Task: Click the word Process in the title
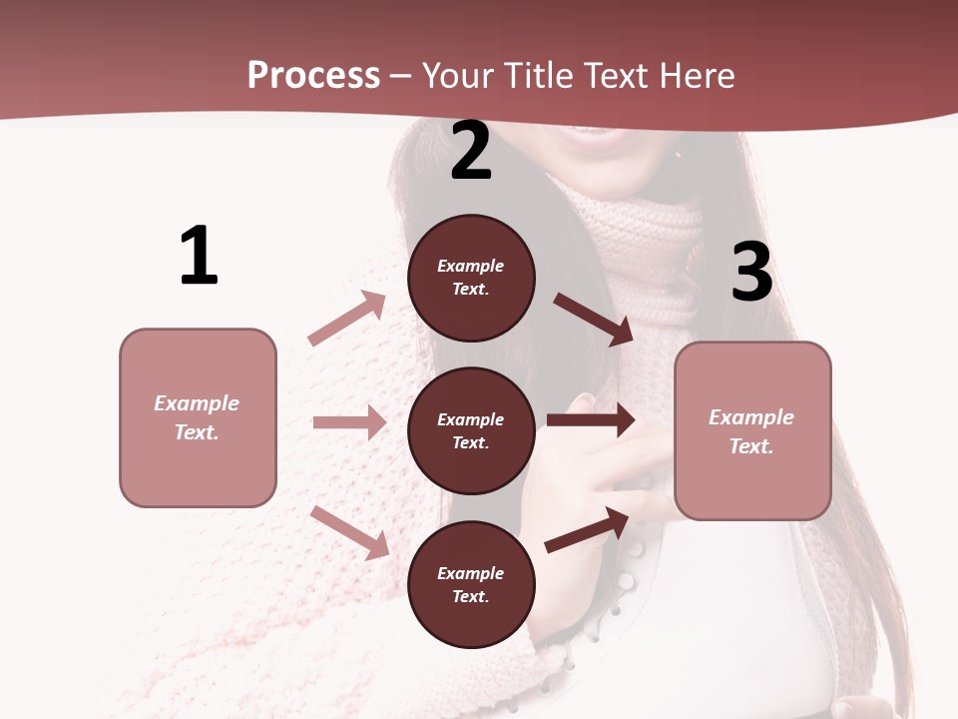coord(313,76)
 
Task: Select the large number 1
coord(199,256)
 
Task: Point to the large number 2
coord(471,151)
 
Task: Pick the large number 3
coord(751,272)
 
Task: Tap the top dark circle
coord(471,278)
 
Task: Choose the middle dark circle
coord(471,430)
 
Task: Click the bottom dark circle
coord(471,584)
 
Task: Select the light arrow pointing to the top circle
coord(347,319)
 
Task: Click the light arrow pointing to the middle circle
coord(349,422)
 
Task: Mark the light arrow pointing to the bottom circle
coord(350,532)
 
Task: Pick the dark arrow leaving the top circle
coord(594,319)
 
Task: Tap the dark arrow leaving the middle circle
coord(591,420)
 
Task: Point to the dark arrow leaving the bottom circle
coord(587,530)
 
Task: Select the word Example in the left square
coord(197,403)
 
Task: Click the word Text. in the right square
coord(751,446)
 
